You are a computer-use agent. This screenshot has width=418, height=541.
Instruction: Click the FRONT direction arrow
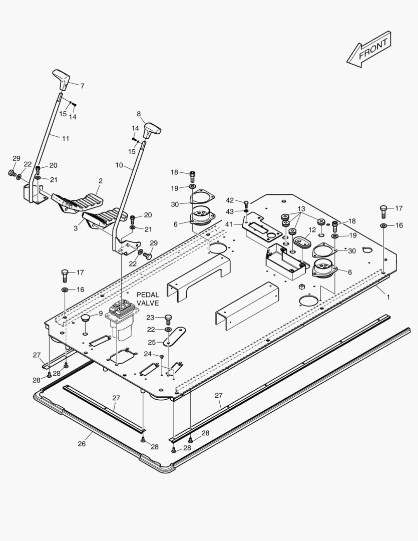tap(369, 49)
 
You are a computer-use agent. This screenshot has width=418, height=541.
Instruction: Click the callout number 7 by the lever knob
tap(82, 86)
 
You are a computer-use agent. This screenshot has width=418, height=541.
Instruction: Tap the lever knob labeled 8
tap(151, 129)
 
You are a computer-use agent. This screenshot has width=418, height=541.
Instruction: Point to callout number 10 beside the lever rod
tap(119, 165)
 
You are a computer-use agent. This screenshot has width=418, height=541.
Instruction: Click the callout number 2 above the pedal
tap(101, 180)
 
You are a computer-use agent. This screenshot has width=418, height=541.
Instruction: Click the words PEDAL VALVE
tap(148, 300)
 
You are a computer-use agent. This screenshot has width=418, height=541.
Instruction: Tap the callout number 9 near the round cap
tap(101, 313)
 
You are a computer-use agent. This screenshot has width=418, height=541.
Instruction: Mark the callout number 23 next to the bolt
tap(150, 317)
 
